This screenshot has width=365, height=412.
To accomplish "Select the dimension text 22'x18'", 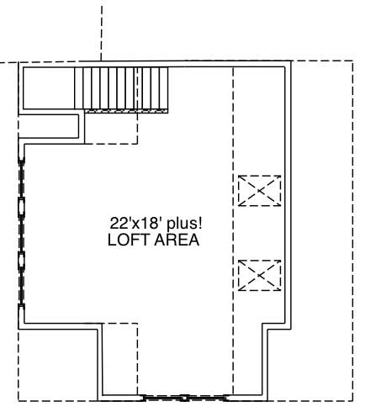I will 130,224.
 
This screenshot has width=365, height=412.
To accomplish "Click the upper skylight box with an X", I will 258,190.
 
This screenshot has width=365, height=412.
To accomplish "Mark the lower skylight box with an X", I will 258,274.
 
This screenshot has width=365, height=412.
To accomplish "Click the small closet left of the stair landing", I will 50,127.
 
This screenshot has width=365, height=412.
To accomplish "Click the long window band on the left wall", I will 22,231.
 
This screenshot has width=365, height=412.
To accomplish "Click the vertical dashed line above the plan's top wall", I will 102,29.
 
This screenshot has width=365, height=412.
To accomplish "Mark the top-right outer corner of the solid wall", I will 291,61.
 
